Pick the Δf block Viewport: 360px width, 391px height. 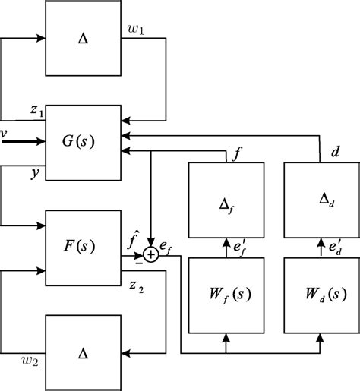[226, 201]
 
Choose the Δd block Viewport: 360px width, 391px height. [319, 201]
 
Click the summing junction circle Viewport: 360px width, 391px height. [152, 256]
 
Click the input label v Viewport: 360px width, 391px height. [5, 134]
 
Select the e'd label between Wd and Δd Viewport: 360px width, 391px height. [333, 246]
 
